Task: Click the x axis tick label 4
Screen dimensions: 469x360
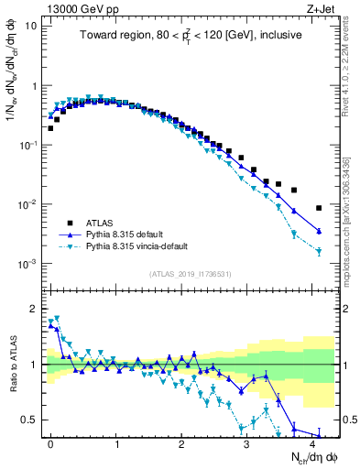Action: pyautogui.click(x=312, y=442)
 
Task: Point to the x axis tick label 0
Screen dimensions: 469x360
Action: pyautogui.click(x=50, y=442)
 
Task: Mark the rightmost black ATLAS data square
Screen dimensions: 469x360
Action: pyautogui.click(x=319, y=208)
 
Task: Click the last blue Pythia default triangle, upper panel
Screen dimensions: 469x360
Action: pyautogui.click(x=319, y=231)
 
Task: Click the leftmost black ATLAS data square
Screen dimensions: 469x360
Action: pyautogui.click(x=50, y=128)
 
